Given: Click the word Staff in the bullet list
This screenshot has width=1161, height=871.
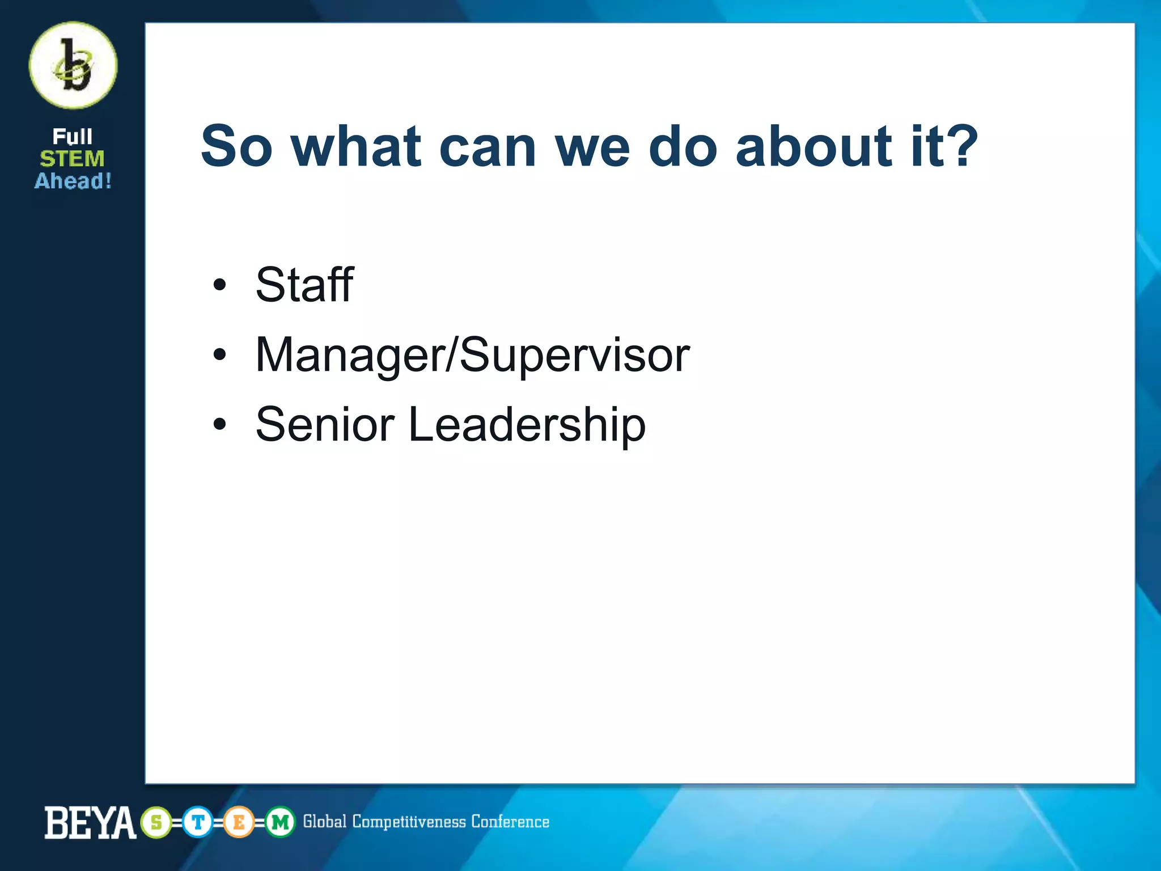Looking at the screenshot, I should click(x=304, y=285).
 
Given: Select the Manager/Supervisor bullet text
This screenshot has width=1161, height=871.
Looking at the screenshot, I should click(x=472, y=356).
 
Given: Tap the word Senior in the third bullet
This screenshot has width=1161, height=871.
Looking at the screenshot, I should click(x=325, y=424).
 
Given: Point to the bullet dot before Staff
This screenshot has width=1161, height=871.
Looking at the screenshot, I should click(x=219, y=285).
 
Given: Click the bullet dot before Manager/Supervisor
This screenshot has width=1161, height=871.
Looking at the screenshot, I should click(x=219, y=355).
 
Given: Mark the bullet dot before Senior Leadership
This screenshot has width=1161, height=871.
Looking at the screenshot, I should click(x=219, y=424).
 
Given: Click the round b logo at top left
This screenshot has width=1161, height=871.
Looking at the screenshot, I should click(x=73, y=66).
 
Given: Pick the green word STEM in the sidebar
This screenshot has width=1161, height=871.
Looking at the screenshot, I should click(x=73, y=159).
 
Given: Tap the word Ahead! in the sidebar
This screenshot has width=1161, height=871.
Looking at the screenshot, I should click(x=73, y=181).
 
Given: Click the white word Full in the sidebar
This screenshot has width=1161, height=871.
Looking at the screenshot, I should click(x=73, y=137).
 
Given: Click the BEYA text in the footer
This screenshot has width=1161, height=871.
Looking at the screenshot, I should click(x=90, y=822).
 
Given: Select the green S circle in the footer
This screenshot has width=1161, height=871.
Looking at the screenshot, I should click(x=156, y=822).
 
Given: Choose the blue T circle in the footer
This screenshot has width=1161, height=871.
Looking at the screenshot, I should click(x=197, y=822).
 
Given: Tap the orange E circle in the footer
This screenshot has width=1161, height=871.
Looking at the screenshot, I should click(x=239, y=822).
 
